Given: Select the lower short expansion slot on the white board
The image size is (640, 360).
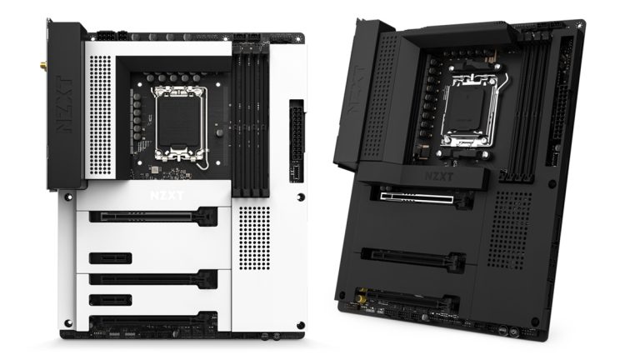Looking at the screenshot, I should click(x=109, y=298).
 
